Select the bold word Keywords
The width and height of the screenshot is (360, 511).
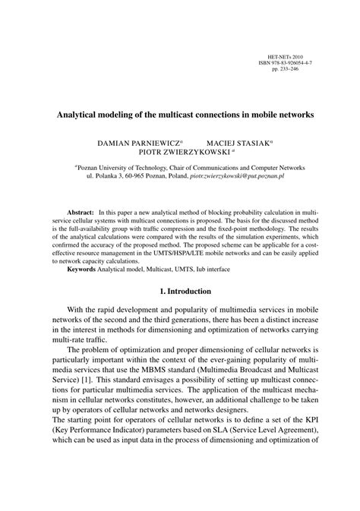coord(86,269)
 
